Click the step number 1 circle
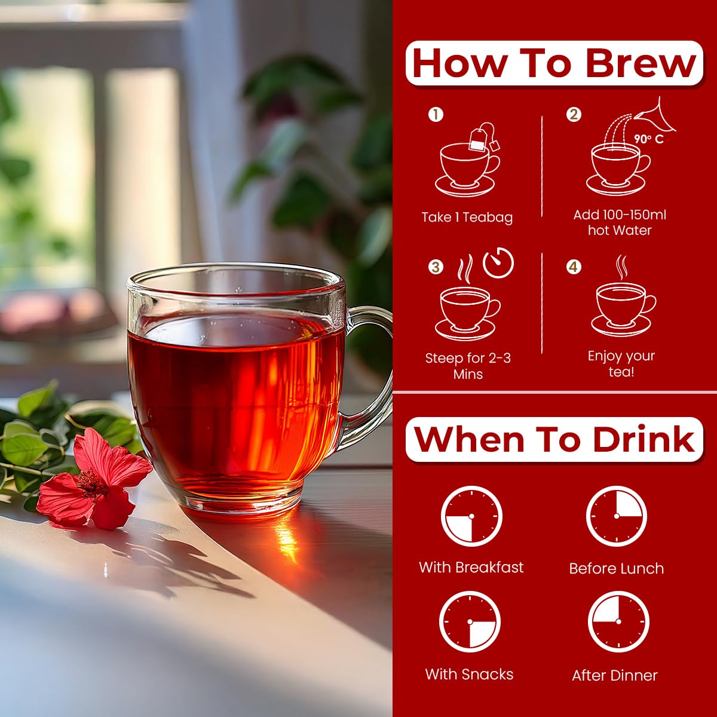436,115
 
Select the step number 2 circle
574,115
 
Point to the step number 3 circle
436,266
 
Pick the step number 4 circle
574,266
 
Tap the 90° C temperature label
648,139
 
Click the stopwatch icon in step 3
498,263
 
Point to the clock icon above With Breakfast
471,516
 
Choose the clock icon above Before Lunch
617,516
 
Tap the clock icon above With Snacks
470,621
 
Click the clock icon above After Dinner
618,621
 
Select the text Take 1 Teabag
467,217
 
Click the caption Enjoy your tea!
621,363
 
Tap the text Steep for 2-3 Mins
468,366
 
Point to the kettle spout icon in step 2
655,116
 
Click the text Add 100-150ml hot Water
620,222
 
